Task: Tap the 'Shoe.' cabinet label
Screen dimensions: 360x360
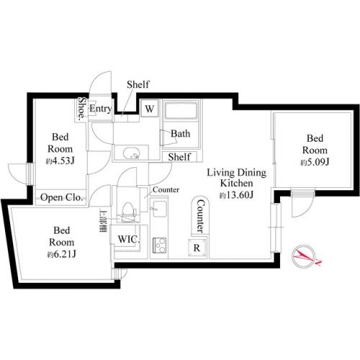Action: pos(82,109)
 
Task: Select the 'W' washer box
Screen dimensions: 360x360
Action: pos(149,109)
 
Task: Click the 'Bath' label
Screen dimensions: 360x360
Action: pos(180,134)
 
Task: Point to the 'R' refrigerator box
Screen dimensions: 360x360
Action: pos(196,247)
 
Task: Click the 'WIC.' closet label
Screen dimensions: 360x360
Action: pos(128,239)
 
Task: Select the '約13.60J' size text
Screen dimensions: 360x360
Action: pos(237,195)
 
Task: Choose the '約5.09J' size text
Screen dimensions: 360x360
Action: pos(315,162)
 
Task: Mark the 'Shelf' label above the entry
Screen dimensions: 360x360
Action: pos(138,85)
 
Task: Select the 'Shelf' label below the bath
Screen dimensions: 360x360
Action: pos(179,157)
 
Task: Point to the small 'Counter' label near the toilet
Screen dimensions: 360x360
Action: pos(165,190)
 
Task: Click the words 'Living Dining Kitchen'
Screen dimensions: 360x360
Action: pos(237,178)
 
